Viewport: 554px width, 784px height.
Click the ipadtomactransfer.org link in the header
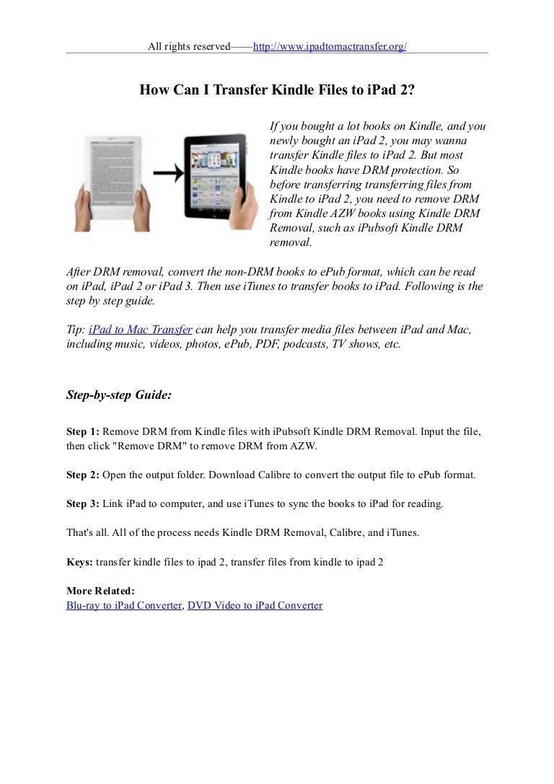330,47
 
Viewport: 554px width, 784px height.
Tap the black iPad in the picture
219,180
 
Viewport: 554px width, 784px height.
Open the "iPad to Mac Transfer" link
140,330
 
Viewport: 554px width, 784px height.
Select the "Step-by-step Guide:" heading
119,395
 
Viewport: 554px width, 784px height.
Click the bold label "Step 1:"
83,432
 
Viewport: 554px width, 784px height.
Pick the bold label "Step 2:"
83,475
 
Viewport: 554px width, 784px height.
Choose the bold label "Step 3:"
83,504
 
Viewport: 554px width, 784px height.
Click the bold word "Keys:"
79,560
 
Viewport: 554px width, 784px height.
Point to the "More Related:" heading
100,591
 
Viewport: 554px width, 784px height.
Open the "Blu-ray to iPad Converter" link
124,606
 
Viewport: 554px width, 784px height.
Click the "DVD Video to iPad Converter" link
255,606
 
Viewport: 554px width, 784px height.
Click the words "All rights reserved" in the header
189,47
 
